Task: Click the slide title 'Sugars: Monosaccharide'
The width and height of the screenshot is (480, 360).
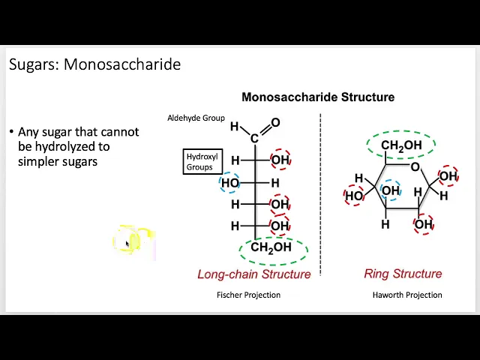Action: click(x=94, y=64)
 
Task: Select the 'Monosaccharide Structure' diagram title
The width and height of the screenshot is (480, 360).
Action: click(x=317, y=97)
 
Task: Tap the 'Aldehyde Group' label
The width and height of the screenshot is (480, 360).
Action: click(x=196, y=118)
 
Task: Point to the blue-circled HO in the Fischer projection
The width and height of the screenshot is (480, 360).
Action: click(x=230, y=183)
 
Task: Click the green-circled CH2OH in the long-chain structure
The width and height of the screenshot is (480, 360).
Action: click(x=271, y=247)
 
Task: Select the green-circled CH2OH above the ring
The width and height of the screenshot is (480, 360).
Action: click(x=401, y=145)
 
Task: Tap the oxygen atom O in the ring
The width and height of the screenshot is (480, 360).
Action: click(x=415, y=166)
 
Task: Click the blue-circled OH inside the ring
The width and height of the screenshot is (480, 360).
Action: click(x=391, y=190)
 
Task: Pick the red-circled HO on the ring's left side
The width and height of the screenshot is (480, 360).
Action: click(x=354, y=196)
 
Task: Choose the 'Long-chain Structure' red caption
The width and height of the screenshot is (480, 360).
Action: click(x=253, y=274)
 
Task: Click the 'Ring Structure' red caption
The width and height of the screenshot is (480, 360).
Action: click(x=403, y=274)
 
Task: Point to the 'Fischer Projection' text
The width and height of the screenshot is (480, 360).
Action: click(x=248, y=295)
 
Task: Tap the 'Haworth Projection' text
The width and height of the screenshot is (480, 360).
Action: click(x=407, y=295)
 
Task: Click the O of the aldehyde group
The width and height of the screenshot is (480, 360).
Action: click(x=275, y=123)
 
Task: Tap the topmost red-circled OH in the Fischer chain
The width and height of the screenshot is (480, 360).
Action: click(x=280, y=160)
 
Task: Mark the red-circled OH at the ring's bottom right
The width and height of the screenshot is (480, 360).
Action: click(x=424, y=224)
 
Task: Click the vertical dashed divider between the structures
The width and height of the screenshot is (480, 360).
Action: click(x=320, y=195)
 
